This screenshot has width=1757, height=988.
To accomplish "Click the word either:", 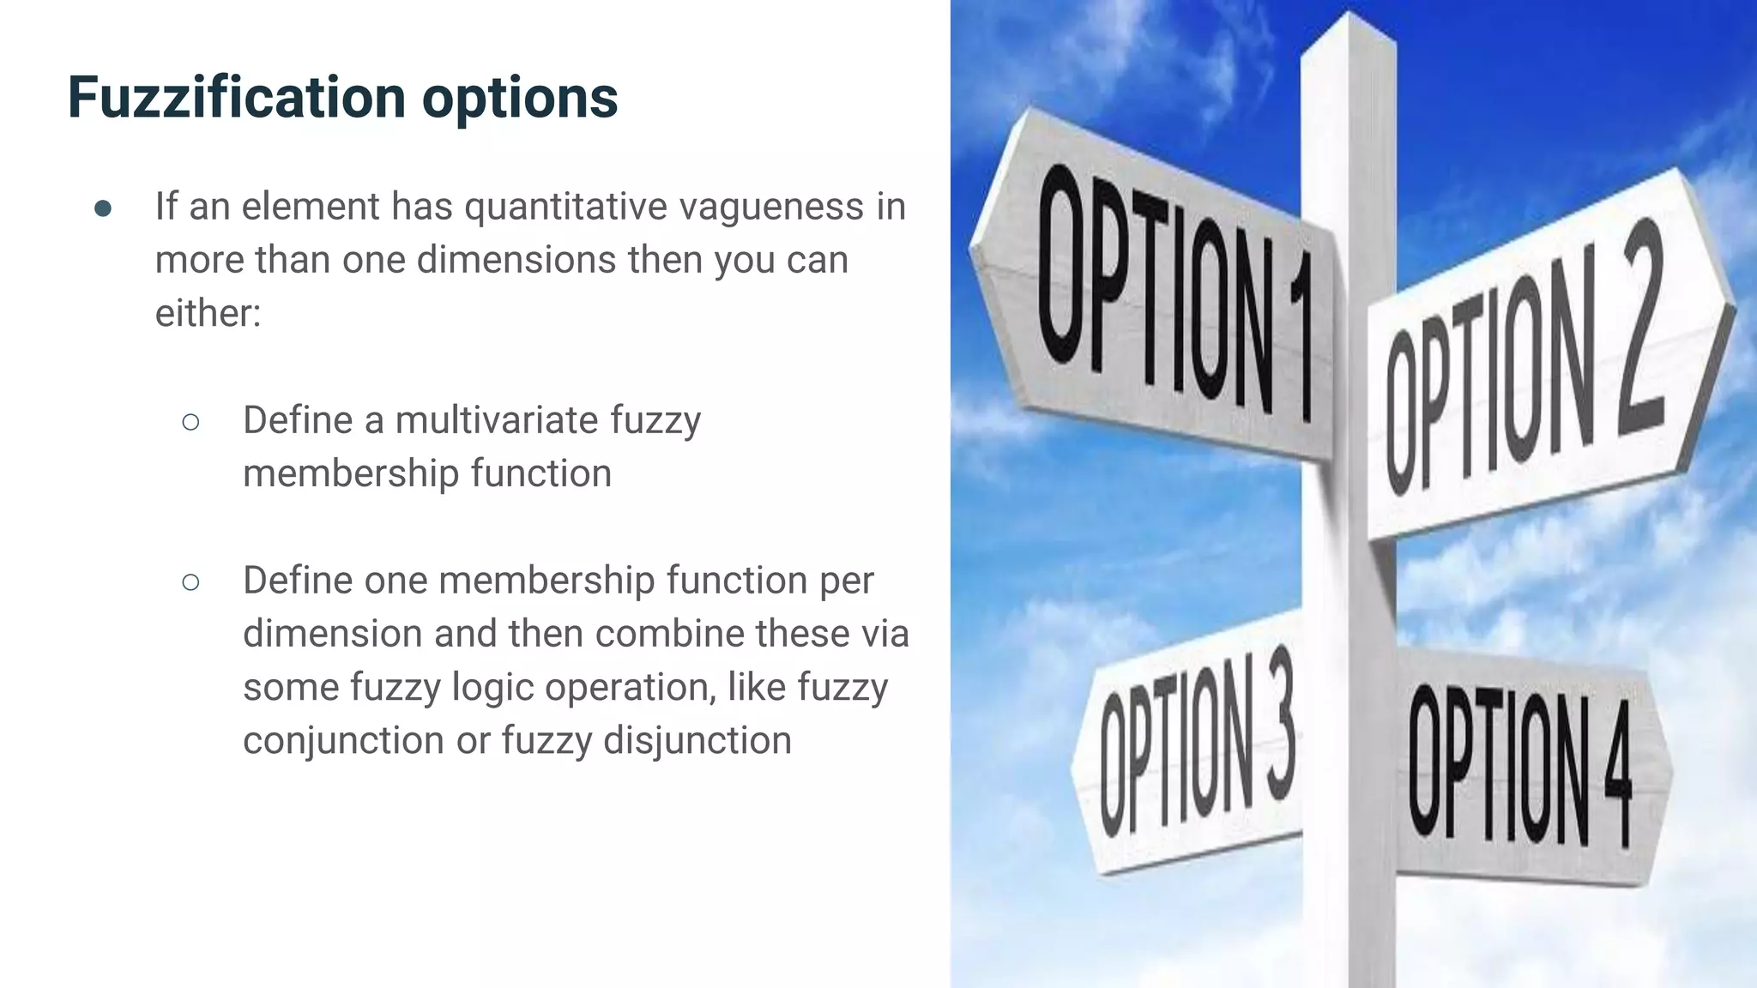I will pyautogui.click(x=208, y=313).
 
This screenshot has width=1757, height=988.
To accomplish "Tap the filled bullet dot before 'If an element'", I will pyautogui.click(x=103, y=208).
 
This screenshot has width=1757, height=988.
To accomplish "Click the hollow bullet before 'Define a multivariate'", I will pyautogui.click(x=190, y=422).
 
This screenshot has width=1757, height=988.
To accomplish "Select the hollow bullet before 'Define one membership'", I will pyautogui.click(x=190, y=582).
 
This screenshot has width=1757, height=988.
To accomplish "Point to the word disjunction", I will pyautogui.click(x=697, y=741).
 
